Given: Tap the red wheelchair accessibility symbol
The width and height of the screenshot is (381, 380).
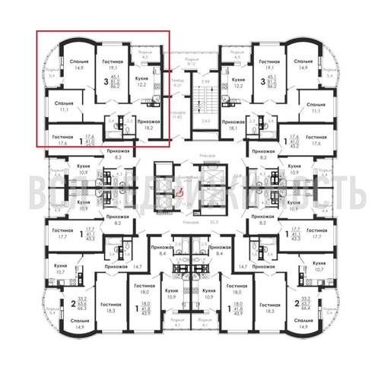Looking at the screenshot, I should [180, 194].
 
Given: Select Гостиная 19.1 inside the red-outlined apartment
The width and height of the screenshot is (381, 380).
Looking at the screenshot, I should [113, 63].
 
